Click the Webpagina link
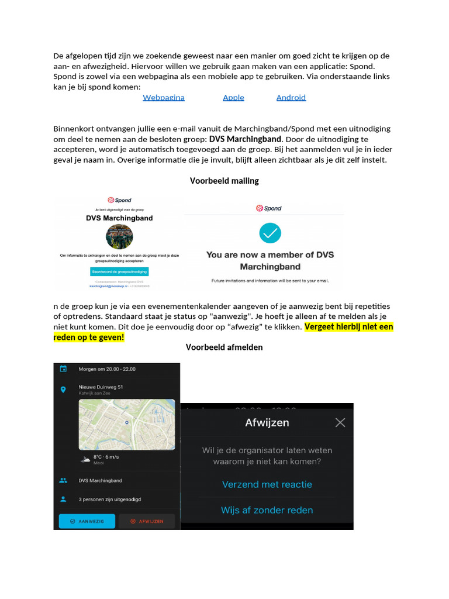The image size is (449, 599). (164, 98)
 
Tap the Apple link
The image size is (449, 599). (233, 98)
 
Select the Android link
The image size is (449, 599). (291, 98)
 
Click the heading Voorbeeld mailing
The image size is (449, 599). (224, 181)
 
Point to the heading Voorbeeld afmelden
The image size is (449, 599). (224, 347)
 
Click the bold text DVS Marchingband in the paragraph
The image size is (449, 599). (245, 139)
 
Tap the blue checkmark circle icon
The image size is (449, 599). (270, 233)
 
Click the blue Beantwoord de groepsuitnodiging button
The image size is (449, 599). (119, 272)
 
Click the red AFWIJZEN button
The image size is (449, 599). (147, 521)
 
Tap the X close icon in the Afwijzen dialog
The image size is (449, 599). (340, 422)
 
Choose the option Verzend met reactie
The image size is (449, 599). (267, 484)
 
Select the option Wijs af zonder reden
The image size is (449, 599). (267, 510)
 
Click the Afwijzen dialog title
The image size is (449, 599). (267, 422)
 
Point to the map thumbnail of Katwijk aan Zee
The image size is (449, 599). (127, 424)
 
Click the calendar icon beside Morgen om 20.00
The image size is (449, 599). (63, 369)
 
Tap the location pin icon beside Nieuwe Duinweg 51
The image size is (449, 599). (63, 390)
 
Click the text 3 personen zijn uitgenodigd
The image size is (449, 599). (110, 500)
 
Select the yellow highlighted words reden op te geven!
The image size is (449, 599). (89, 338)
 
